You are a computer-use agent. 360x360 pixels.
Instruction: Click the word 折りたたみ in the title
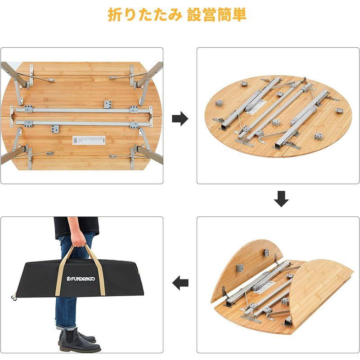click(144, 15)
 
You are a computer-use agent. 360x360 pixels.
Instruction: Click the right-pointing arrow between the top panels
click(180, 119)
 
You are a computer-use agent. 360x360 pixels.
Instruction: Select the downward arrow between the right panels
click(281, 199)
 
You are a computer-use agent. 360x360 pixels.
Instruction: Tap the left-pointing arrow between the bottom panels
click(180, 283)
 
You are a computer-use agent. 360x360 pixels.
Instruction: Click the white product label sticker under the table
click(88, 140)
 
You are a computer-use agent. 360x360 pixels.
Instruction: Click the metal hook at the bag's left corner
click(14, 297)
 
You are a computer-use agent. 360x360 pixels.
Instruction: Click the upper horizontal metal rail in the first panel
click(81, 109)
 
